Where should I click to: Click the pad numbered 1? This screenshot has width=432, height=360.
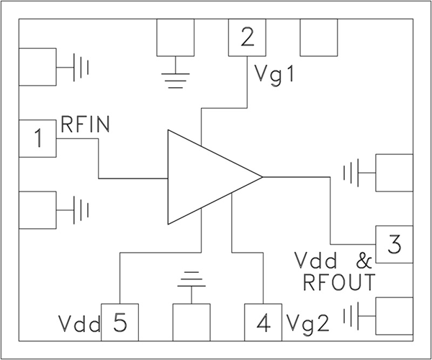[x=37, y=138]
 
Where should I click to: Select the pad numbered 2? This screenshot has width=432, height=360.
[x=247, y=37]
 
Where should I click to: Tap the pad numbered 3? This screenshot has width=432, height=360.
[x=394, y=245]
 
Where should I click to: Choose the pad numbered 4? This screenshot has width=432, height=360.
[x=264, y=322]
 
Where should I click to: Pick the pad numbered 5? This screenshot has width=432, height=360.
[x=120, y=322]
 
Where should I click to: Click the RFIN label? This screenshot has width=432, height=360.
[x=85, y=125]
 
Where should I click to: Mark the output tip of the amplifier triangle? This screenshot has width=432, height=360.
[x=261, y=176]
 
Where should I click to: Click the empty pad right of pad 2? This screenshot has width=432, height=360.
[x=318, y=37]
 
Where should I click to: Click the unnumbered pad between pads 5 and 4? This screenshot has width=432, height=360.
[x=191, y=322]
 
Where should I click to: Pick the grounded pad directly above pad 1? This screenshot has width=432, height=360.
[x=37, y=67]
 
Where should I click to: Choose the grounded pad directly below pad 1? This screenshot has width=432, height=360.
[x=37, y=210]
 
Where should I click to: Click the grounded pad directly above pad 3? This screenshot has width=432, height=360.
[x=394, y=173]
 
